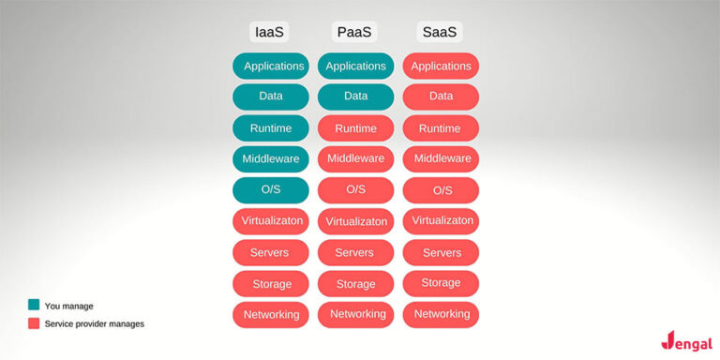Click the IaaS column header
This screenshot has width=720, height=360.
[270, 32]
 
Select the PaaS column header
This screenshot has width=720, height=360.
[354, 32]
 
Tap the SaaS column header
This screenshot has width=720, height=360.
[440, 32]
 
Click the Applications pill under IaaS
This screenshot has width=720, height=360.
[271, 66]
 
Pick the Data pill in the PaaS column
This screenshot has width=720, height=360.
[355, 97]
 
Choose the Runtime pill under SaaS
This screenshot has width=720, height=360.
[441, 128]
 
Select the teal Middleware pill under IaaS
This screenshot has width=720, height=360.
[271, 159]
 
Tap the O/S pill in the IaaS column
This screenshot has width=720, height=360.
[271, 190]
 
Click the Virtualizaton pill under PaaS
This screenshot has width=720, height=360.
[355, 222]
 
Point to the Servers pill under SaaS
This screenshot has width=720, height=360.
[441, 252]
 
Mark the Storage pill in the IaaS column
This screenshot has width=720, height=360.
[271, 284]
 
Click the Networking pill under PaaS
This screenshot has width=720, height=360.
[355, 314]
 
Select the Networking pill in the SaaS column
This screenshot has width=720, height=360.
[441, 314]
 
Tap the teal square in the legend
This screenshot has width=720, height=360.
[34, 305]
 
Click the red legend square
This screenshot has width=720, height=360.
[34, 323]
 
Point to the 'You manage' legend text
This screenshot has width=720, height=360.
[69, 306]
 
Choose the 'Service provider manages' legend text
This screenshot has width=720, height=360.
[95, 324]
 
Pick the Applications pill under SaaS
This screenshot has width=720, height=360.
[441, 66]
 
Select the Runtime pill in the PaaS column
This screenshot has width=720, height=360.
[355, 128]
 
